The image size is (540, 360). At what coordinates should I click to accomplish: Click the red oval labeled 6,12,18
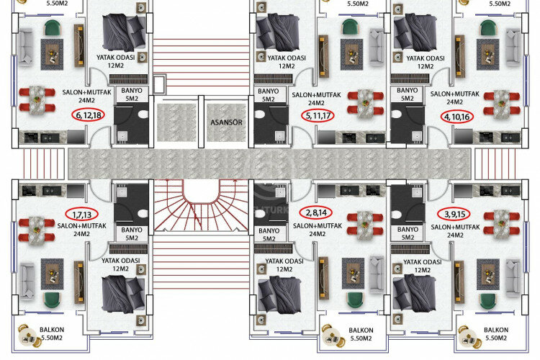87,115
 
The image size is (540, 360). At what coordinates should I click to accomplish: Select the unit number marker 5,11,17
318,116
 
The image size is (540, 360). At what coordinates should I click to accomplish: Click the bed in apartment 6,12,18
125,32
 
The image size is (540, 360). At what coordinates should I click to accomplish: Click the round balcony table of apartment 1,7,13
31,333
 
